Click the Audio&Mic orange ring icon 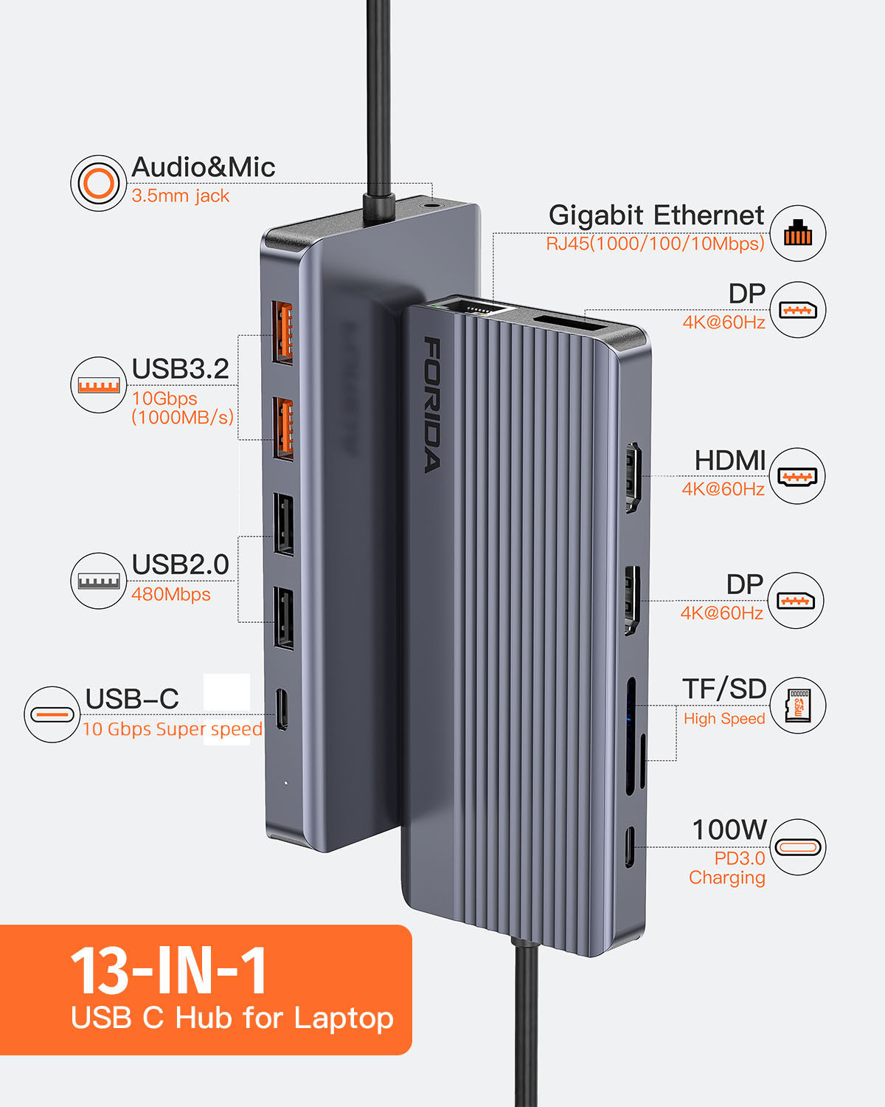click(98, 182)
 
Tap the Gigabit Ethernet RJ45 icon click(797, 233)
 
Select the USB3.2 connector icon click(98, 384)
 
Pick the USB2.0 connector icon click(98, 581)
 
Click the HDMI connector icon click(797, 476)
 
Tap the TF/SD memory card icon click(798, 706)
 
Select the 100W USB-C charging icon click(797, 846)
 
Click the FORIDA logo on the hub click(434, 404)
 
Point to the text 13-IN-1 click(169, 970)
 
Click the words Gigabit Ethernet click(656, 215)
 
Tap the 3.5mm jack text click(180, 196)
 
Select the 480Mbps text click(170, 594)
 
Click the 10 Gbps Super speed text click(172, 729)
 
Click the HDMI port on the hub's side click(633, 477)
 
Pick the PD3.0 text click(739, 858)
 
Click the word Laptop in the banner click(344, 1018)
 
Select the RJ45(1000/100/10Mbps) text click(655, 244)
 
